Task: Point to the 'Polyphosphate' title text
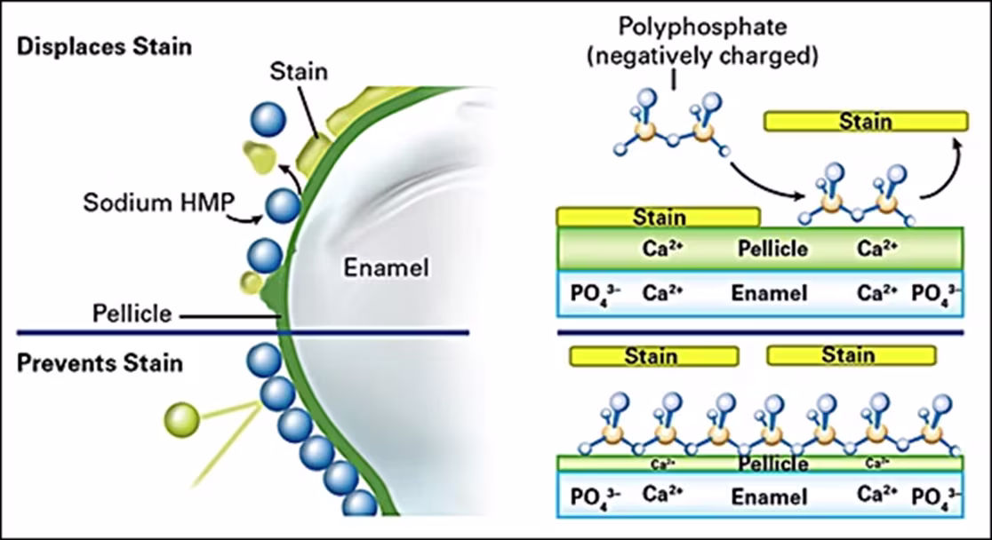675,27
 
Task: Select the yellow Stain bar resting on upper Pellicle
658,217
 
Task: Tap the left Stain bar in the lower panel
653,356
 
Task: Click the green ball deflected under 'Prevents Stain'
181,417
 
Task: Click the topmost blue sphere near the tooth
269,120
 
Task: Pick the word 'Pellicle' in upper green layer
772,248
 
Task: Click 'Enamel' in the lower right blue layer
769,496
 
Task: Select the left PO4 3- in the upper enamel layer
595,292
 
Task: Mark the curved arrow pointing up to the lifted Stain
944,169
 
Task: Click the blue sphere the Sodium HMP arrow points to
283,206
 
